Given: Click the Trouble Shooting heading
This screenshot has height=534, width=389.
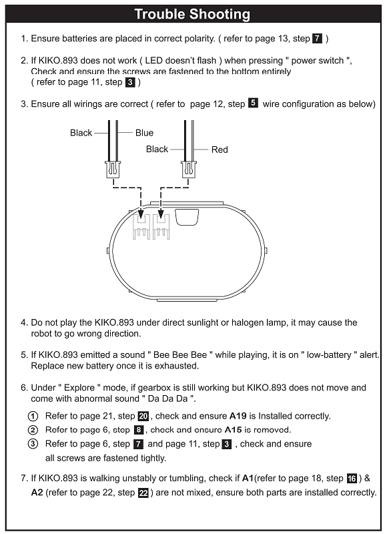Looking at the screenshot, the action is [192, 14].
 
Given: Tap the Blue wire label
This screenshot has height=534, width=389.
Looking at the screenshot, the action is [144, 133].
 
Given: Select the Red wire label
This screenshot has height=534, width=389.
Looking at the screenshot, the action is [220, 150].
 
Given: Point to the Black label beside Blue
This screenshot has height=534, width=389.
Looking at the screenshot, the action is [81, 133].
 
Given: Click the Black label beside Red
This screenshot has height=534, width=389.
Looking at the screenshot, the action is [157, 149].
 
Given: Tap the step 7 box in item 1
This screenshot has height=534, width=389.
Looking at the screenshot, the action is [317, 39].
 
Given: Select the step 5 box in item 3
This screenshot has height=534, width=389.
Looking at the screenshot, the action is [253, 103].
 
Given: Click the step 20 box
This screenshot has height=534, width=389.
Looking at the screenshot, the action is [143, 416].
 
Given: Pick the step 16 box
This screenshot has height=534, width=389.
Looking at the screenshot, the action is [352, 479].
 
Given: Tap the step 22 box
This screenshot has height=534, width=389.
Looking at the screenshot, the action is [143, 493].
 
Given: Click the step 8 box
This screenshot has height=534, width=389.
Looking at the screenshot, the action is [139, 430].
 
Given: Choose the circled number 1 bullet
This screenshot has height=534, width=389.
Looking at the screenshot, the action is [33, 416].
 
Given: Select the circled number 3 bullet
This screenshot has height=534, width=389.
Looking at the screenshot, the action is [33, 445].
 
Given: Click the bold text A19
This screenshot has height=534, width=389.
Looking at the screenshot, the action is [238, 416].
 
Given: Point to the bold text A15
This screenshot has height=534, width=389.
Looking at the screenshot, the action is [233, 430].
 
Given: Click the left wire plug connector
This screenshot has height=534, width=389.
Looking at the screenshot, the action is [113, 170].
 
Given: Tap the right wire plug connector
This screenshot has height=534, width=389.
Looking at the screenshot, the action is [189, 170].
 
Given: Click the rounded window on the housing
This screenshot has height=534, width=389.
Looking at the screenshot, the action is [187, 218].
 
